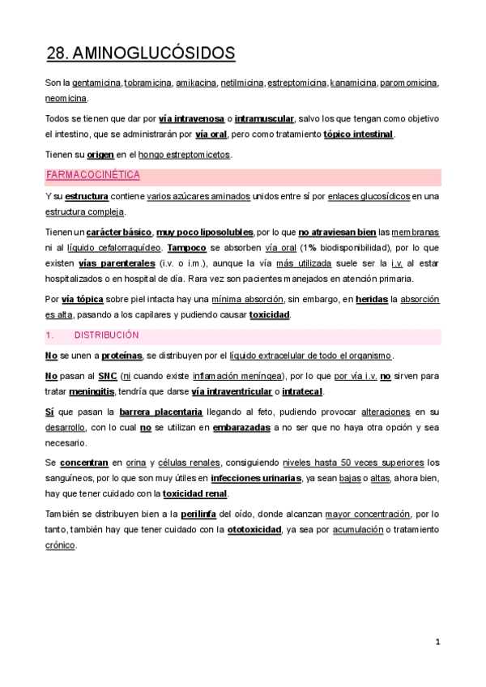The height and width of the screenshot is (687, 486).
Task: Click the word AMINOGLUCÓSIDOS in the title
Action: tap(154, 54)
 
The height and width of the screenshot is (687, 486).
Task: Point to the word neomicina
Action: tap(66, 98)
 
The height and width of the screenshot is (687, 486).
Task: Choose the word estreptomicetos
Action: tap(196, 154)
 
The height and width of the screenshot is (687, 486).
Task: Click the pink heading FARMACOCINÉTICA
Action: tap(93, 175)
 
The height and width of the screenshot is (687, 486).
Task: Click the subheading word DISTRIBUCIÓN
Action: tap(106, 335)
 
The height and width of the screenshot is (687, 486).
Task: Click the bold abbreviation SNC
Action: tap(107, 377)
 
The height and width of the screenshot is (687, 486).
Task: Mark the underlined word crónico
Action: tap(60, 545)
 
